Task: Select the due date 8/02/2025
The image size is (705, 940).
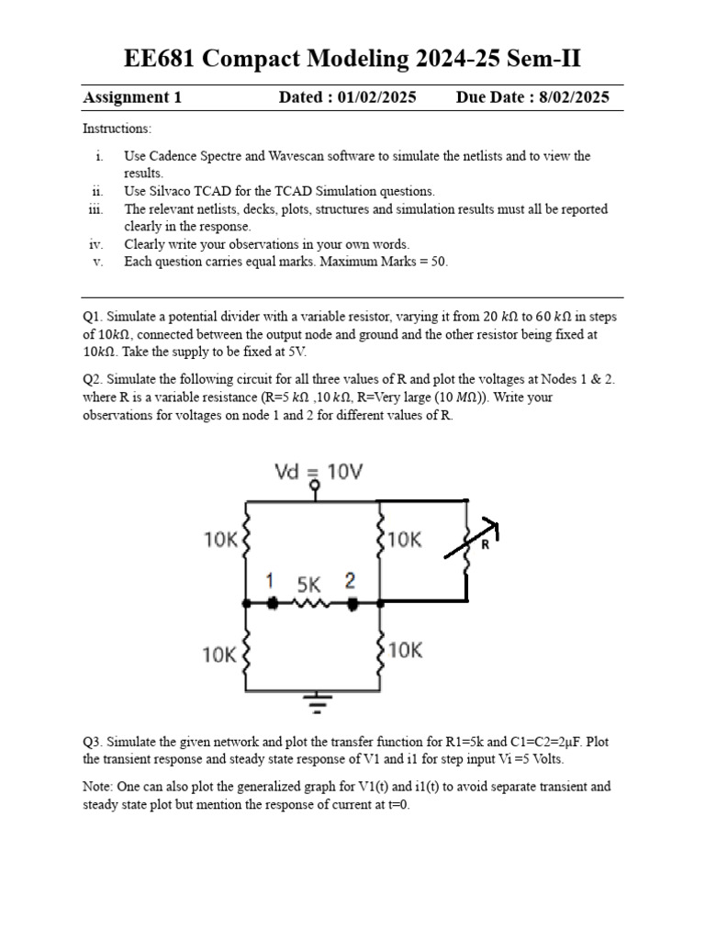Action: (570, 98)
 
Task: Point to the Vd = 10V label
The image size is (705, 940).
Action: (319, 472)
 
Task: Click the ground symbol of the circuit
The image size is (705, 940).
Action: (318, 704)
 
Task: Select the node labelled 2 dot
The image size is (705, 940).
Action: (353, 603)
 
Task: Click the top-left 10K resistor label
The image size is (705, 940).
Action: (220, 540)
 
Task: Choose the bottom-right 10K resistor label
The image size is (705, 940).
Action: (405, 650)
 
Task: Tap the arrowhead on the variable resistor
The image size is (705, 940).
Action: (493, 527)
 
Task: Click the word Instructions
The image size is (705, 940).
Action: (117, 129)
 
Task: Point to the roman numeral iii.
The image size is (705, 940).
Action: (96, 209)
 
